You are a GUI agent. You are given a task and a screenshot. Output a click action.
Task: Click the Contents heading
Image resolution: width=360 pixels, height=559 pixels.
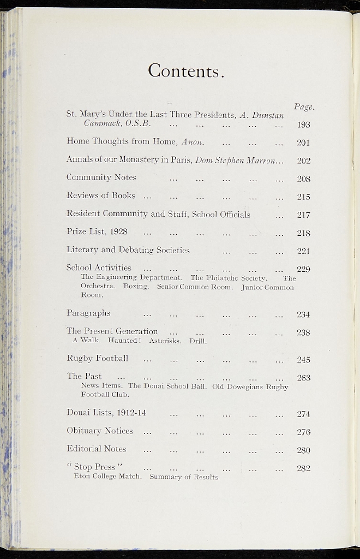pyautogui.click(x=186, y=71)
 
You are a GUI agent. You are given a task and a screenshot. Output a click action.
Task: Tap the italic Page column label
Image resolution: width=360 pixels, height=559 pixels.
pyautogui.click(x=304, y=107)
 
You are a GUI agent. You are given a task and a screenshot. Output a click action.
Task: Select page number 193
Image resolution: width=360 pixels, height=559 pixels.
pyautogui.click(x=303, y=124)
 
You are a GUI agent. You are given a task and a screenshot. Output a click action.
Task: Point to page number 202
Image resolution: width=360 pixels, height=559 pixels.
pyautogui.click(x=303, y=160)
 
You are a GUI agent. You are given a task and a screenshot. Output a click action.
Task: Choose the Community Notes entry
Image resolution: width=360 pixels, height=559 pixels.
pyautogui.click(x=101, y=177)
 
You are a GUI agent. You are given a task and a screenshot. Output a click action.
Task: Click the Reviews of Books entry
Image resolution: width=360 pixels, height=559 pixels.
pyautogui.click(x=101, y=195)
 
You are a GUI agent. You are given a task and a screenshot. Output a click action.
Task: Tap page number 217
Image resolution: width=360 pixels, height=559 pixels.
pyautogui.click(x=303, y=215)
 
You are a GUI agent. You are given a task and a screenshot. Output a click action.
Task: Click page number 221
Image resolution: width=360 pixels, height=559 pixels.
pyautogui.click(x=303, y=252)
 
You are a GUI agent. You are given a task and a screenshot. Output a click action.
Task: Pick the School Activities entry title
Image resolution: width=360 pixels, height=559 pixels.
pyautogui.click(x=99, y=267)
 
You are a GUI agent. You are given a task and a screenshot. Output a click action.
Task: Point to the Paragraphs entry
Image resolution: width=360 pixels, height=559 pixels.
pyautogui.click(x=88, y=313)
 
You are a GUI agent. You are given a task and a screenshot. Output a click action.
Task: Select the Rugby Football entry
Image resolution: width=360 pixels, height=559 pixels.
pyautogui.click(x=98, y=358)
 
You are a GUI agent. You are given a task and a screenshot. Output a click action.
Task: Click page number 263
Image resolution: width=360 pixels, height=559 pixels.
pyautogui.click(x=303, y=378)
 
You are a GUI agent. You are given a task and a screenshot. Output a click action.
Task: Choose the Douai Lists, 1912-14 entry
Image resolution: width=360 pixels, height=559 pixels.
pyautogui.click(x=106, y=413)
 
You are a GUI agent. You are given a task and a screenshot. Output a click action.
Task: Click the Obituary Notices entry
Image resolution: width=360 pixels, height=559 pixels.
pyautogui.click(x=100, y=431)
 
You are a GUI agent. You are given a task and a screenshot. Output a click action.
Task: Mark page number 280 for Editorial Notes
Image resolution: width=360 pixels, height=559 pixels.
pyautogui.click(x=303, y=450)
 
